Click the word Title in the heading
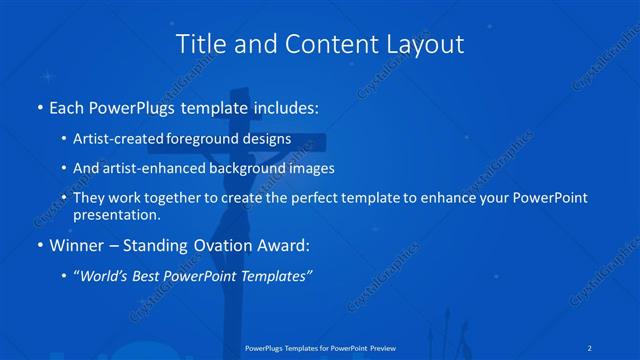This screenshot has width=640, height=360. (198, 44)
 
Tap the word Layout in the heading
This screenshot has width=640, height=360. (427, 44)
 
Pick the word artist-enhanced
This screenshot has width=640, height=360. (149, 168)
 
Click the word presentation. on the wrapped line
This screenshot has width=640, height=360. (117, 214)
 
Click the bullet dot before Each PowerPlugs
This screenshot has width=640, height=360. (38, 107)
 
